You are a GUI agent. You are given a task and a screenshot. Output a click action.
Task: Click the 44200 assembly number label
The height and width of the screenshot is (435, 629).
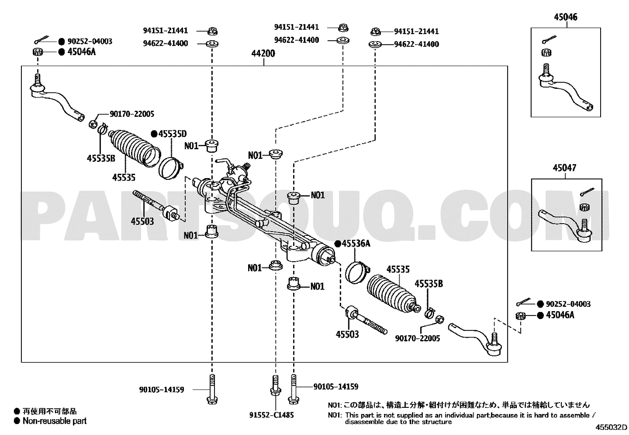coord(263,53)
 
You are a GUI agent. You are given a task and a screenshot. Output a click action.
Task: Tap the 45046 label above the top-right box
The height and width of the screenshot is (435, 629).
coord(566,17)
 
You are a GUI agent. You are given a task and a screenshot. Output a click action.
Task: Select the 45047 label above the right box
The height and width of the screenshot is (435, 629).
coord(564,168)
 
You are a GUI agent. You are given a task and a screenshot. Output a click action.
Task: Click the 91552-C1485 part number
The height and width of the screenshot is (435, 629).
coord(272,415)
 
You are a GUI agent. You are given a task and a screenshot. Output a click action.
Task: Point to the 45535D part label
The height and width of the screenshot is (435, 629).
coord(173,133)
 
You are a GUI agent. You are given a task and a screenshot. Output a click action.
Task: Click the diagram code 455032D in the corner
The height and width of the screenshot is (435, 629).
coord(612,427)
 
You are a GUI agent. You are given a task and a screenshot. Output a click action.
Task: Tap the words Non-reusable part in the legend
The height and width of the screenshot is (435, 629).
coord(55,421)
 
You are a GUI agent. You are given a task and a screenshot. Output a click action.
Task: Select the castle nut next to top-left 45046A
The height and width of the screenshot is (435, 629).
coord(38,52)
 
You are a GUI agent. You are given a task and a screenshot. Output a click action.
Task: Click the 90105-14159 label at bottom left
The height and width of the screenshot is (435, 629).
coord(162,389)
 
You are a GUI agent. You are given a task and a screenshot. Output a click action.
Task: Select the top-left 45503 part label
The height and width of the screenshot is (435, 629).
coord(142,221)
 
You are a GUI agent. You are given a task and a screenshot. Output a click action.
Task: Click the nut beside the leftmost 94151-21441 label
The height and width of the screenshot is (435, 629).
coord(213,31)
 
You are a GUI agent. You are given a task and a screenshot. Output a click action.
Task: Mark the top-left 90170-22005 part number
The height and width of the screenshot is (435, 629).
coord(132,114)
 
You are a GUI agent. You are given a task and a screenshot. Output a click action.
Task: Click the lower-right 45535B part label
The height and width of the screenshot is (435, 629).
coord(429,284)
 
